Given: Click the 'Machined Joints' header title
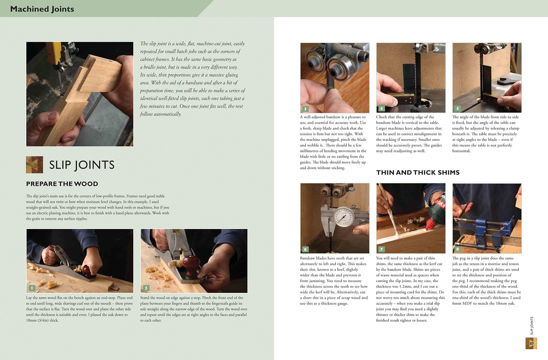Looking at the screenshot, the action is (42, 9).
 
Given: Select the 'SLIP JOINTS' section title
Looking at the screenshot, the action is (82, 165).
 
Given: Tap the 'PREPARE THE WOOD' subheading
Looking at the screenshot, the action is (62, 184).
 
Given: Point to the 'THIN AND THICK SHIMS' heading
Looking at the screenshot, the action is (418, 172).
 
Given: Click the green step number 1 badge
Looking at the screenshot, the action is (32, 288).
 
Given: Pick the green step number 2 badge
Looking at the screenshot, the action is (146, 288).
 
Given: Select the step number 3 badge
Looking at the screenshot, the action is (305, 109).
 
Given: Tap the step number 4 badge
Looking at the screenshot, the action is (381, 108).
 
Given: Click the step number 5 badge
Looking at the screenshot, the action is (458, 108).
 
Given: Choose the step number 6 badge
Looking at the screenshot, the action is (305, 249).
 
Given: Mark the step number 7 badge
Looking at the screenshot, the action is (381, 249).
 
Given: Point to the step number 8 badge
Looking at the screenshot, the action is (458, 249).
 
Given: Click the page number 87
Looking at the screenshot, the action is (531, 343).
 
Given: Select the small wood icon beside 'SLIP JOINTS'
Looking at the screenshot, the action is (35, 165).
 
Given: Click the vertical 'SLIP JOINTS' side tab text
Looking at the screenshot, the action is (531, 325).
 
